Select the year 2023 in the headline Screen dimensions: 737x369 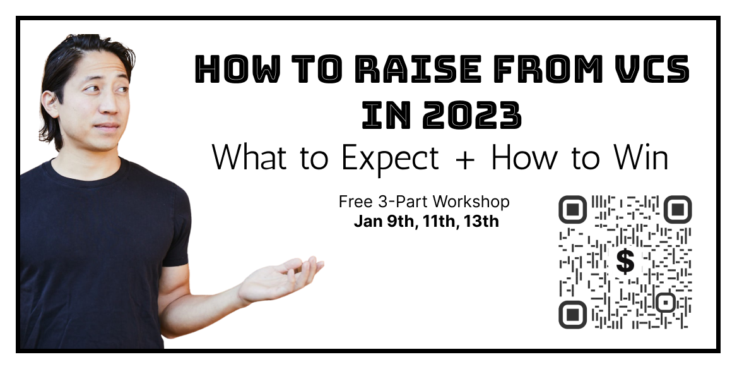pos(472,115)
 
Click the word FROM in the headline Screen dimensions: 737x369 pos(545,70)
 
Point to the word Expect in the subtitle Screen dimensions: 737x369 pos(390,159)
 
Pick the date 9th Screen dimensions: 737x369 pos(402,221)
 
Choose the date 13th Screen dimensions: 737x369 pos(481,221)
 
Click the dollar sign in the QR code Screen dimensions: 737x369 pos(625,261)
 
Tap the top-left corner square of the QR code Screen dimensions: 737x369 pos(572,209)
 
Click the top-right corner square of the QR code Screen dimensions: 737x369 pos(677,209)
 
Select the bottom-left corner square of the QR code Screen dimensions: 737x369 pos(572,315)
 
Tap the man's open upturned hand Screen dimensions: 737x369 pos(281,279)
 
